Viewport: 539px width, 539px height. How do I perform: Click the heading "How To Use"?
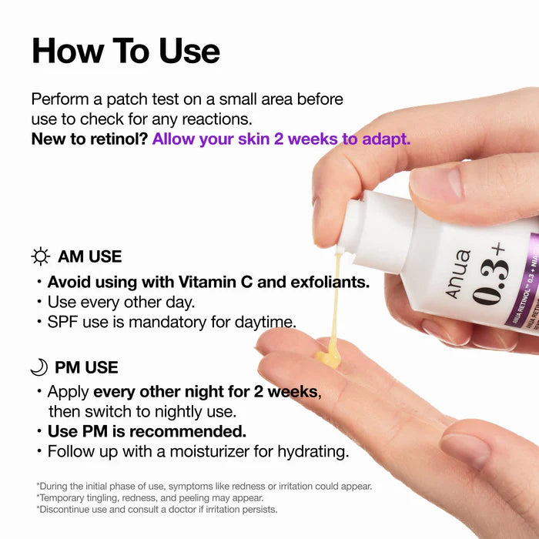point(126,51)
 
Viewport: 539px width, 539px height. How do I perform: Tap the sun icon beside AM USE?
point(40,256)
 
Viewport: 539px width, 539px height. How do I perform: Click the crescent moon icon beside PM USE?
point(38,367)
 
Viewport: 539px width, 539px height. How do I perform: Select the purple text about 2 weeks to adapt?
point(281,139)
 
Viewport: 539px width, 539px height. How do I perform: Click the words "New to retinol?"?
point(89,139)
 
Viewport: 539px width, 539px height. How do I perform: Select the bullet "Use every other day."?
point(121,302)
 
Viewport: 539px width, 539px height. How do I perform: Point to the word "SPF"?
point(63,322)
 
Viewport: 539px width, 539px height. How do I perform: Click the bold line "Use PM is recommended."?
point(146,430)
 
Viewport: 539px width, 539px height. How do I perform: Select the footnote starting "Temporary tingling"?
point(150,497)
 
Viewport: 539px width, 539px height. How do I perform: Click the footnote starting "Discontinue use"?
point(156,509)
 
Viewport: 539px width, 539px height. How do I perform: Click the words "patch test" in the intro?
point(132,99)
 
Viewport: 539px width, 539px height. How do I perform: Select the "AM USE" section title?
point(89,256)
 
